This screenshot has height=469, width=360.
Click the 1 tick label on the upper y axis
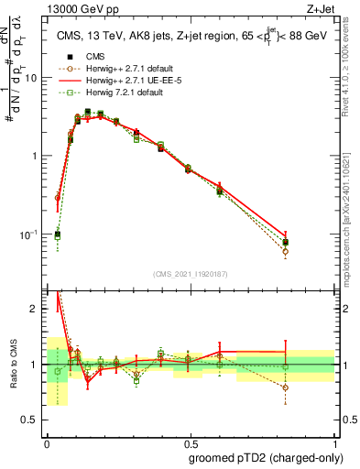coord(38,156)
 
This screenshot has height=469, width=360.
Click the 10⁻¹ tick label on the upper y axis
coord(33,234)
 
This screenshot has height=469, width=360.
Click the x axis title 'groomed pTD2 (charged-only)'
coord(265,457)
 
